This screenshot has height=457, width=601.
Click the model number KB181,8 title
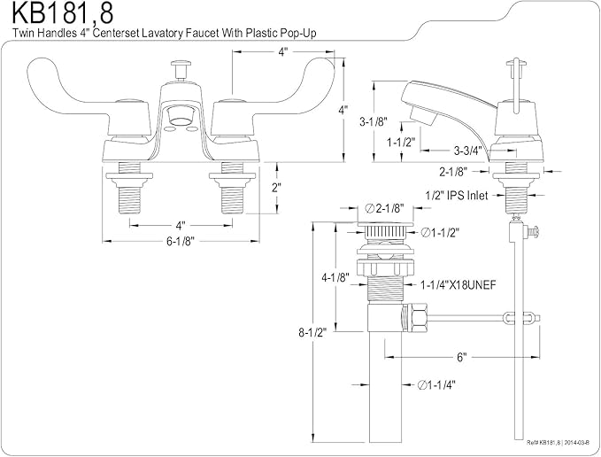63,14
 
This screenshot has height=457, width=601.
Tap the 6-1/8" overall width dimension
181,241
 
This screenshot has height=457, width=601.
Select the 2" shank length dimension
276,189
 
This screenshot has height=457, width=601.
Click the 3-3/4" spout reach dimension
467,151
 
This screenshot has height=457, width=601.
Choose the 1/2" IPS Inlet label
457,196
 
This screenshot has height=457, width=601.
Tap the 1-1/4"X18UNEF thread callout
458,285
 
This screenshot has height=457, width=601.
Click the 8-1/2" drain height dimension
312,332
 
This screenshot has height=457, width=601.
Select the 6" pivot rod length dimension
462,357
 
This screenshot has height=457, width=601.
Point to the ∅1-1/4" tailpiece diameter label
436,385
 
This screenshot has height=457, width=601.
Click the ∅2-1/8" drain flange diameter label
385,208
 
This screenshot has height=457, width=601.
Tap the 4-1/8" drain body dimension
335,277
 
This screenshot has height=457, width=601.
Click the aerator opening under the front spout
180,116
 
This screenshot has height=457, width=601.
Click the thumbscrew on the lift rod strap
533,232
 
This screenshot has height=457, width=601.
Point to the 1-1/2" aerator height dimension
401,143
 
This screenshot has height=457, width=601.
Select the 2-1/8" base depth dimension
453,172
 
